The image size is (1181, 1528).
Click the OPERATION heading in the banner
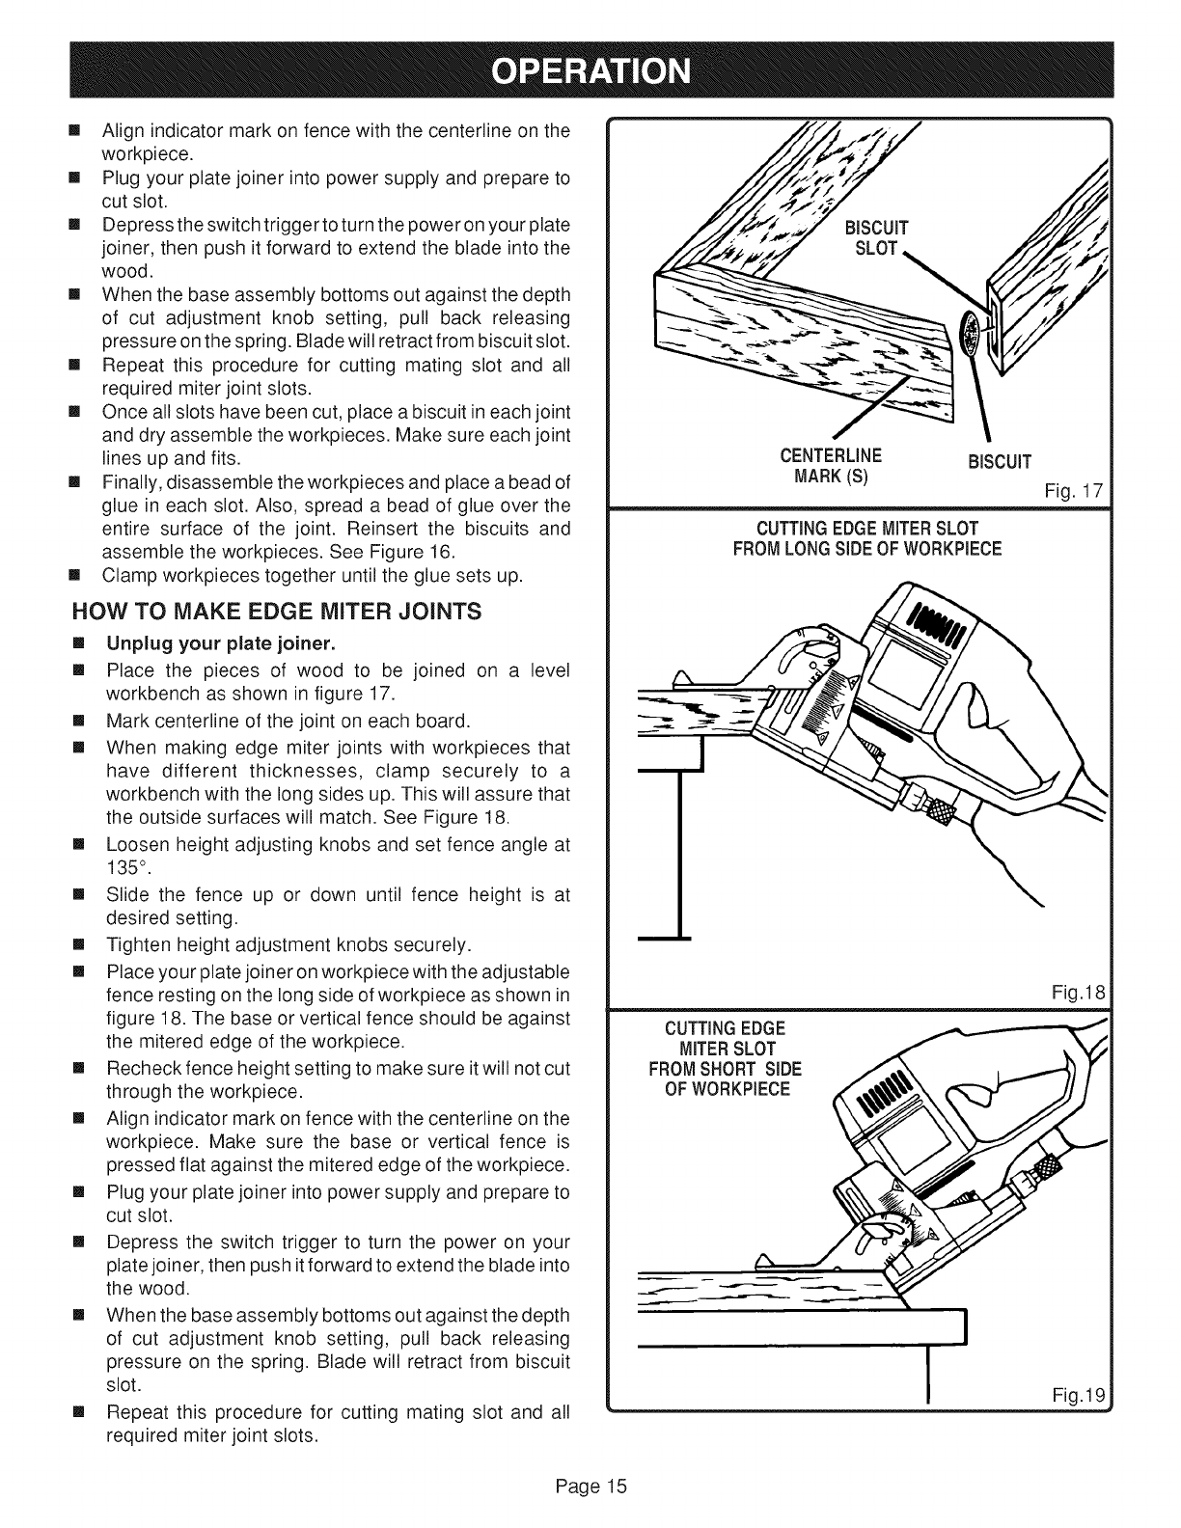click(590, 72)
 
